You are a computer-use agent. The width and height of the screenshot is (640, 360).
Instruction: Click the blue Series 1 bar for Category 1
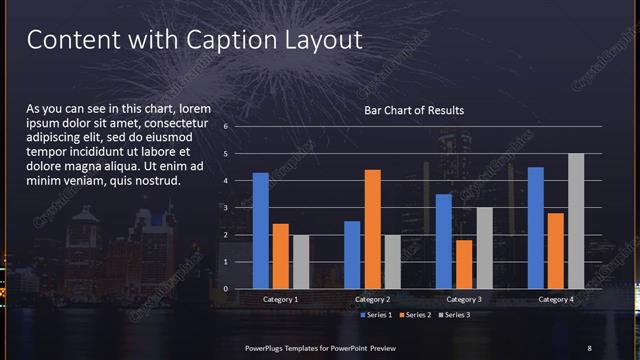click(260, 231)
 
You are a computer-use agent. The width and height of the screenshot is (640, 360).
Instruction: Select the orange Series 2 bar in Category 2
click(372, 229)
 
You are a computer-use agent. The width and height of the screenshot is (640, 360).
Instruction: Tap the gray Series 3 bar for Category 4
click(576, 221)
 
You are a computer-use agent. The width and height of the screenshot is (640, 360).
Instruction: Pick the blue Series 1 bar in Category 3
click(444, 241)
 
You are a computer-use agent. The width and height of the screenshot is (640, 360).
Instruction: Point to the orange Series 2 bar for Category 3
click(463, 264)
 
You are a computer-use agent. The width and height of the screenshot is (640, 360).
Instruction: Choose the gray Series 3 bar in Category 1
click(300, 262)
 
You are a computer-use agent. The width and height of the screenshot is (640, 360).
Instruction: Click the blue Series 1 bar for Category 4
click(536, 228)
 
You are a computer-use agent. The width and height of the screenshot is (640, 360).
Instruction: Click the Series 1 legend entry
click(376, 315)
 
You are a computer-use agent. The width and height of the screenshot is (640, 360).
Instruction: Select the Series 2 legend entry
click(415, 315)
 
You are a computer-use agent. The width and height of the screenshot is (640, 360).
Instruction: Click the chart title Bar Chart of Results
click(414, 110)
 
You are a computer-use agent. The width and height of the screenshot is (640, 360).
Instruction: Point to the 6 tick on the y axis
click(226, 127)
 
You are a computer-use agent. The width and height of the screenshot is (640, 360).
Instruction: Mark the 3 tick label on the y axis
click(226, 208)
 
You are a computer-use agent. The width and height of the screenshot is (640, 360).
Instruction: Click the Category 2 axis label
click(372, 299)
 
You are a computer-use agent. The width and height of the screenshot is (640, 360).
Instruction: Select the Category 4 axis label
click(556, 299)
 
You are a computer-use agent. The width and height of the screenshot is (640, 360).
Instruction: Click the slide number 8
click(589, 347)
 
